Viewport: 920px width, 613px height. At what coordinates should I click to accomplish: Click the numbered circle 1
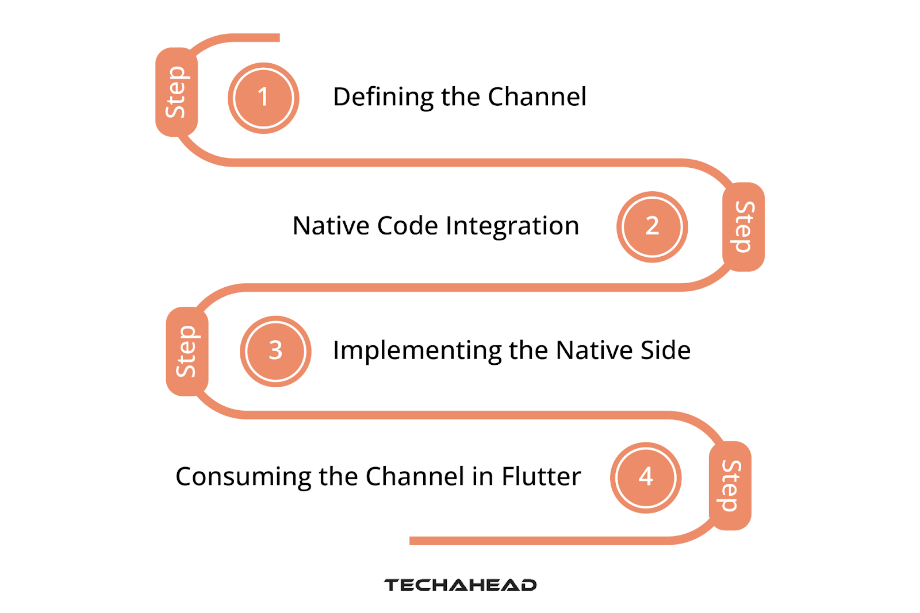coord(263,98)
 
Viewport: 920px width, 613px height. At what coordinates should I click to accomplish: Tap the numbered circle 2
coord(652,226)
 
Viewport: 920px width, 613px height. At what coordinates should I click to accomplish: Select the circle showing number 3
coord(275,351)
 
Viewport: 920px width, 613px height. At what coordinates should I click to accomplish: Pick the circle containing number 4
coord(646,477)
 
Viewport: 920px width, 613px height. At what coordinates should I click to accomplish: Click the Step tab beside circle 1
coord(176,92)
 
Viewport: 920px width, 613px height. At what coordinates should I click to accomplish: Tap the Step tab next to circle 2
coord(743,226)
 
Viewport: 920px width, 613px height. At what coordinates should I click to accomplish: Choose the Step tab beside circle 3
coord(187,351)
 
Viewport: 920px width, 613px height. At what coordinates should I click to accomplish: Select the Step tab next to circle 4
coord(730,485)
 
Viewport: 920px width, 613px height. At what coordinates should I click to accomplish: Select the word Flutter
coord(541,476)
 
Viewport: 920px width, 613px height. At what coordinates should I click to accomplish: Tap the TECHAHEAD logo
coord(460,585)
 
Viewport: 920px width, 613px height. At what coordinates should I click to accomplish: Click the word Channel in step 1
coord(537,97)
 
